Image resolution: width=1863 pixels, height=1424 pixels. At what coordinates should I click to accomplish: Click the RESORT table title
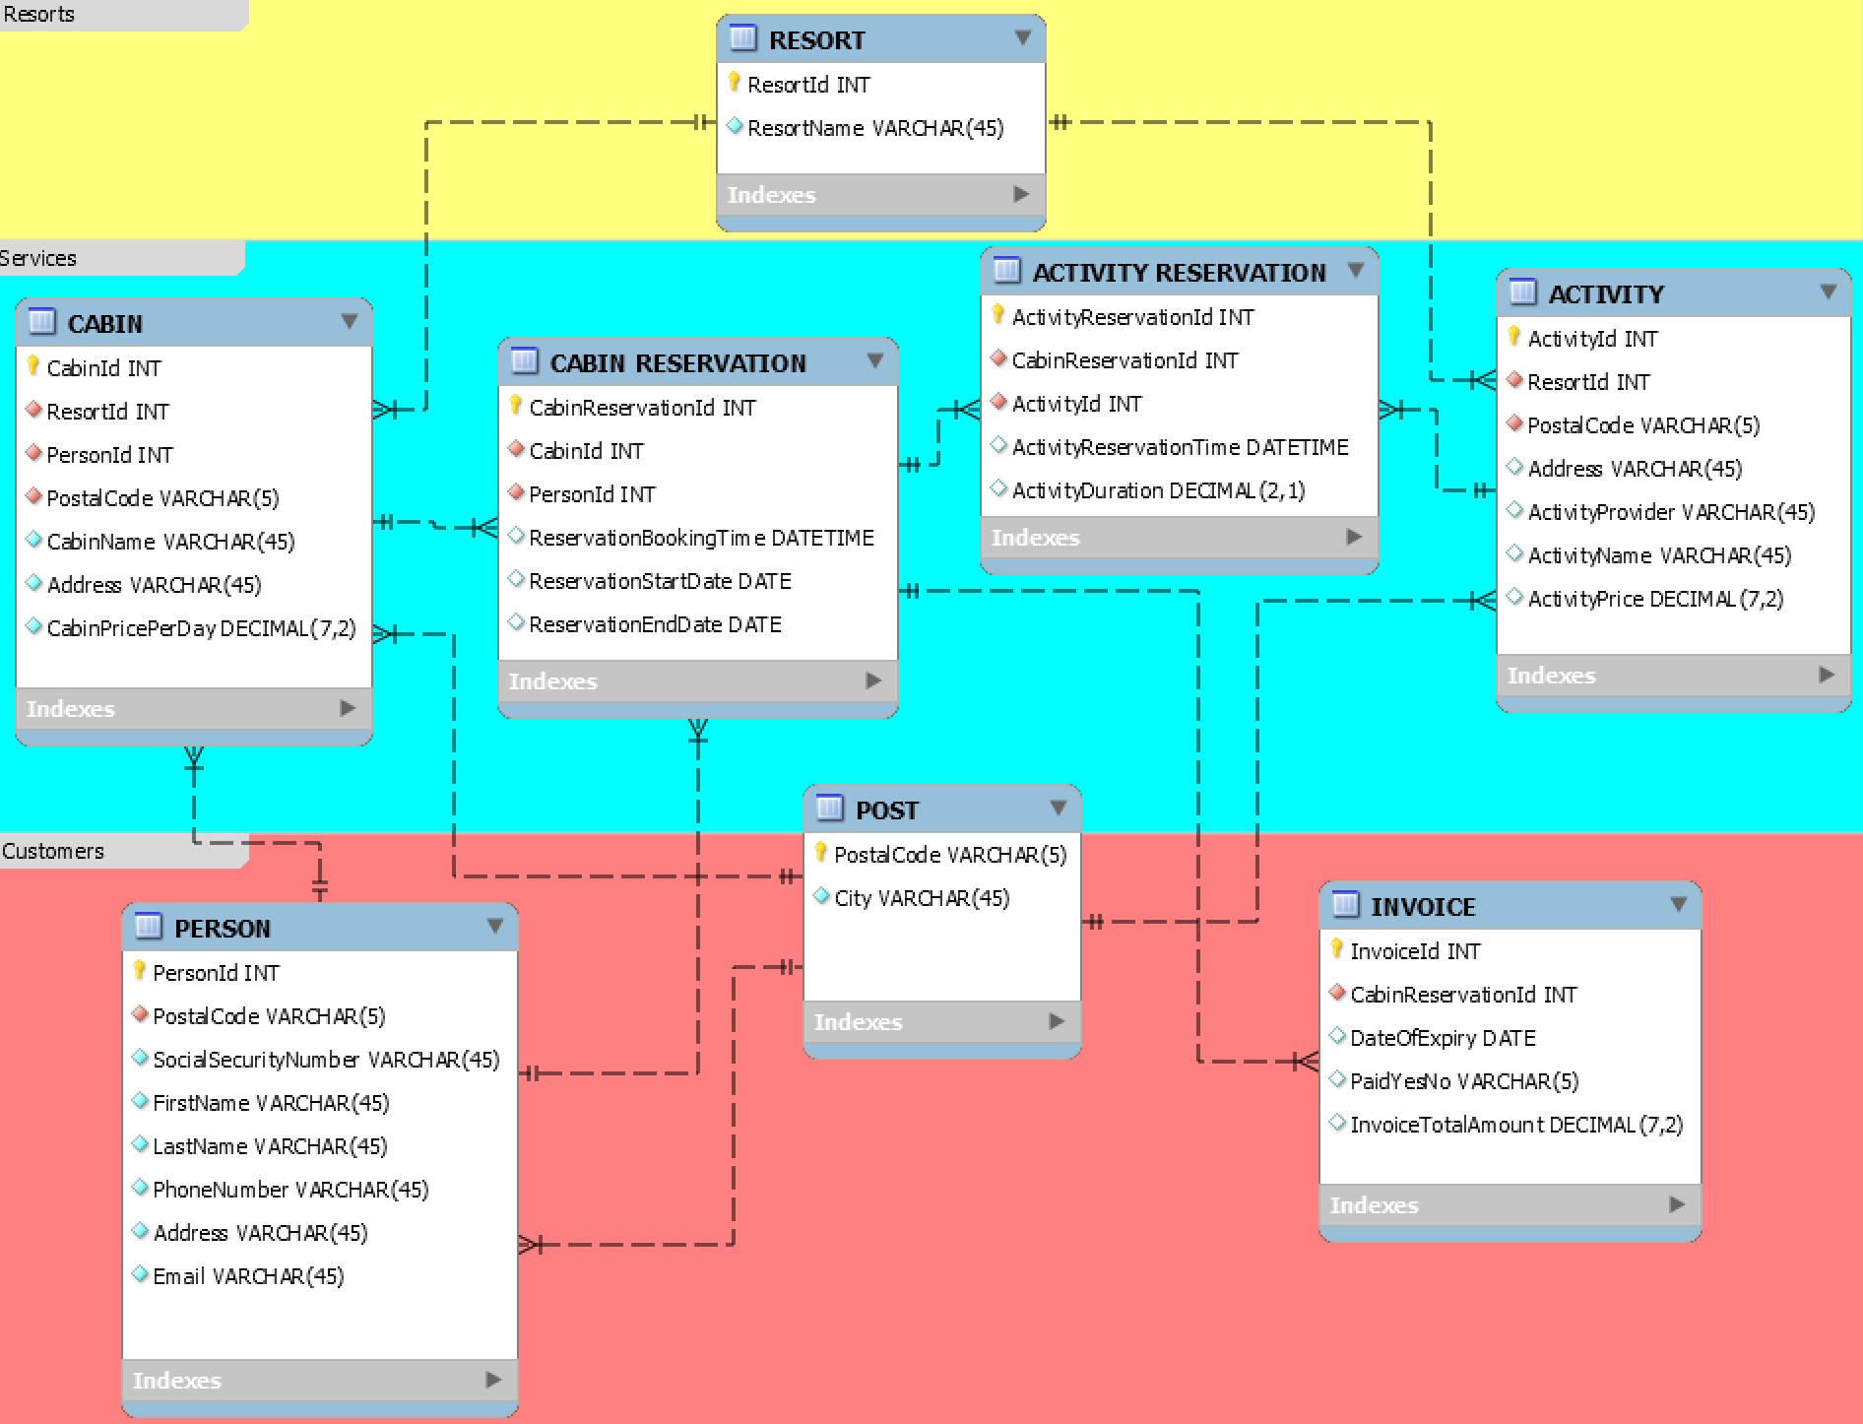pyautogui.click(x=816, y=40)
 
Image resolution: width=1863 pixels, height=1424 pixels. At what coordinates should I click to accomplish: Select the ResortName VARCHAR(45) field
pyautogui.click(x=874, y=128)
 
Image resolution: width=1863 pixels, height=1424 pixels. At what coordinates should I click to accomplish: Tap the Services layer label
pyautogui.click(x=39, y=258)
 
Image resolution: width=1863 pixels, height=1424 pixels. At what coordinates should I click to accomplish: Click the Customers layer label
pyautogui.click(x=53, y=851)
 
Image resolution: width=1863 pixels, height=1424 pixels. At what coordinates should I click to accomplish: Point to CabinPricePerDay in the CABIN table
pyautogui.click(x=201, y=628)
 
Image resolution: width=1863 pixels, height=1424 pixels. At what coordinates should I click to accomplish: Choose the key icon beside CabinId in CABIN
pyautogui.click(x=33, y=366)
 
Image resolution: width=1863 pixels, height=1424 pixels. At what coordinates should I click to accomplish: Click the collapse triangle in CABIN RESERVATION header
pyautogui.click(x=874, y=361)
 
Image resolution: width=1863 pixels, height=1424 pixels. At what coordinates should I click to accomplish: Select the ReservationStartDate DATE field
pyautogui.click(x=660, y=581)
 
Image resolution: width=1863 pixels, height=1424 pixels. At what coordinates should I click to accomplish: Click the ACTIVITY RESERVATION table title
pyautogui.click(x=1179, y=273)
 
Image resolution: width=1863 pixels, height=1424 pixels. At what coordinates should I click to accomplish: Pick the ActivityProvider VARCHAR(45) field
pyautogui.click(x=1671, y=512)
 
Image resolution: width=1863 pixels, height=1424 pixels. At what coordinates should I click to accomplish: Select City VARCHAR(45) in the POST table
pyautogui.click(x=922, y=898)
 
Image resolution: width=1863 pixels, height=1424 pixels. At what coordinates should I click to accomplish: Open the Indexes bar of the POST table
pyautogui.click(x=941, y=1022)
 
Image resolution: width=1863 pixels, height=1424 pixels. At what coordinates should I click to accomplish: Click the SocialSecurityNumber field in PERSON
pyautogui.click(x=326, y=1060)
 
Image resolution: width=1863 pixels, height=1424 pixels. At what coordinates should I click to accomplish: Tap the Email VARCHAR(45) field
pyautogui.click(x=248, y=1276)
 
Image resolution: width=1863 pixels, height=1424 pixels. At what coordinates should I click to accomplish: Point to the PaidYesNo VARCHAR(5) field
pyautogui.click(x=1464, y=1081)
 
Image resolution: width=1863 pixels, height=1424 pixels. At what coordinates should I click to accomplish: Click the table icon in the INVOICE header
pyautogui.click(x=1345, y=904)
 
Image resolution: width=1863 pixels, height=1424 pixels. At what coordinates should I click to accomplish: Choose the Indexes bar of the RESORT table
pyautogui.click(x=879, y=195)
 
